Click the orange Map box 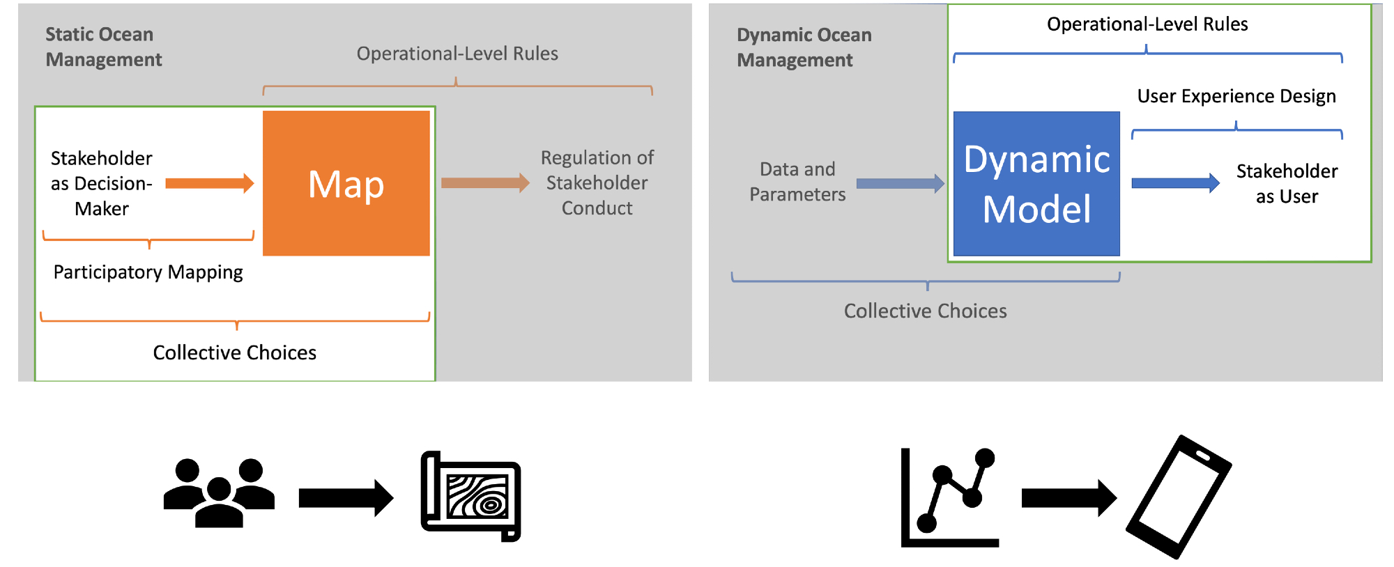click(x=346, y=183)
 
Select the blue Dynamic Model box click(x=1036, y=184)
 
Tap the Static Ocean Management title click(x=103, y=47)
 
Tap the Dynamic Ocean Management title click(x=804, y=47)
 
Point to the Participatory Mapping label click(x=148, y=272)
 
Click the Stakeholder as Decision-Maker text click(x=102, y=183)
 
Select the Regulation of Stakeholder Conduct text click(x=597, y=182)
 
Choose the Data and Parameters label click(x=797, y=182)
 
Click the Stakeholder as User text click(x=1287, y=184)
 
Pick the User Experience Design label click(x=1236, y=96)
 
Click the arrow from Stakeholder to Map click(x=209, y=183)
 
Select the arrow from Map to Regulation click(x=485, y=183)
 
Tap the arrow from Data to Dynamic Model click(x=900, y=184)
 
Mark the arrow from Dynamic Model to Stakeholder click(x=1175, y=183)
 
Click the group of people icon click(x=219, y=492)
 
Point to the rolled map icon click(x=471, y=496)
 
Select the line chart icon click(x=949, y=497)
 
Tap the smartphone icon click(x=1179, y=497)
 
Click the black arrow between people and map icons click(x=346, y=498)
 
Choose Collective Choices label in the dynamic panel click(x=925, y=311)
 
